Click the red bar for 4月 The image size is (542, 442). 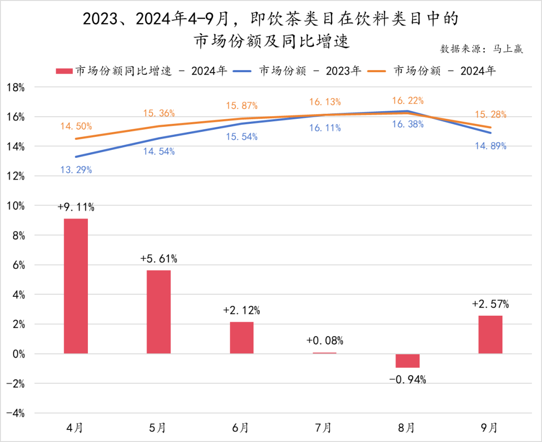pos(76,286)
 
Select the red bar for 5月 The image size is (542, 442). pos(159,312)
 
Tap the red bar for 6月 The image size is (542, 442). pos(241,338)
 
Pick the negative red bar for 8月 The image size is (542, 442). pos(408,361)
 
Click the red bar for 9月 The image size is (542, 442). pos(490,334)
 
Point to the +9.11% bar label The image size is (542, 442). pos(76,206)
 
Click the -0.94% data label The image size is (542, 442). pos(408,380)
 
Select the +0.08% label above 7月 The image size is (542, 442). pos(325,341)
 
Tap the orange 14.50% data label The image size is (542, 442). pos(76,127)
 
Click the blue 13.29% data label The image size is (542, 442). pos(76,170)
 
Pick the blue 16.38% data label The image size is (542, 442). pos(408,124)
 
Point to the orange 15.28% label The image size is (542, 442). pos(490,115)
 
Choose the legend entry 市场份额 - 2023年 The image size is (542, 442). pos(309,71)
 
